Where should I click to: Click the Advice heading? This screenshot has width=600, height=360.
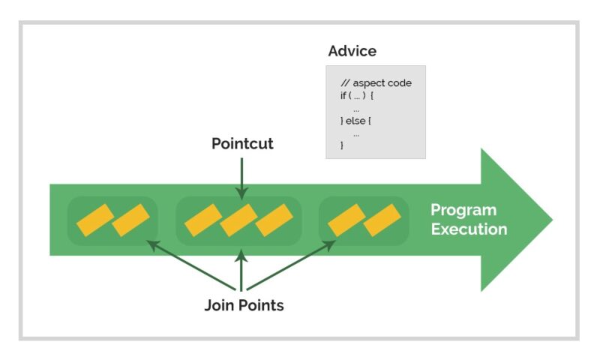[x=352, y=52]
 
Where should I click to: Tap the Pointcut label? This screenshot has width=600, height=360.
[x=242, y=143]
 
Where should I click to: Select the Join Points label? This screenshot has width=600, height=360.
[x=244, y=306]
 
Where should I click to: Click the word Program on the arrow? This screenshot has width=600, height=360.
[x=463, y=210]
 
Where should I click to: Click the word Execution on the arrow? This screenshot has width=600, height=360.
[x=469, y=229]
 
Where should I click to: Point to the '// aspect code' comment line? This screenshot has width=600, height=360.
[x=376, y=83]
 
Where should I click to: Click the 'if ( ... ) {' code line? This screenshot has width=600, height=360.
[x=357, y=96]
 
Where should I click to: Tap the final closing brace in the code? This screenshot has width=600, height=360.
[x=342, y=145]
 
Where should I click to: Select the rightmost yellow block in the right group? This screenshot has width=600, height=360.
[x=382, y=220]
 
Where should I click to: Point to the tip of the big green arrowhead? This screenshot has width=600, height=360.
[x=552, y=220]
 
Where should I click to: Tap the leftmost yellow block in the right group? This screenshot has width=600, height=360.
[x=346, y=220]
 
